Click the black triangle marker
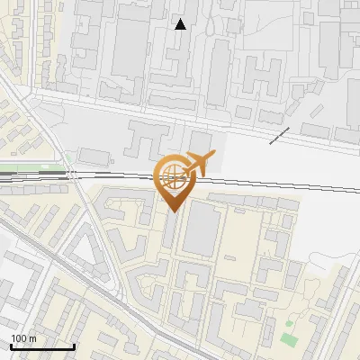click(181, 24)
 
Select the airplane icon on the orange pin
click(196, 164)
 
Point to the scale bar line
click(41, 346)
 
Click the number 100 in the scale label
click(20, 338)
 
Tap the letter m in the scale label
click(32, 338)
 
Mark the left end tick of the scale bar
click(10, 346)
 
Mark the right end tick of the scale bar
click(74, 346)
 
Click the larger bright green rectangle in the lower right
click(288, 339)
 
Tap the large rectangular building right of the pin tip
click(202, 229)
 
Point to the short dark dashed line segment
click(279, 135)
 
